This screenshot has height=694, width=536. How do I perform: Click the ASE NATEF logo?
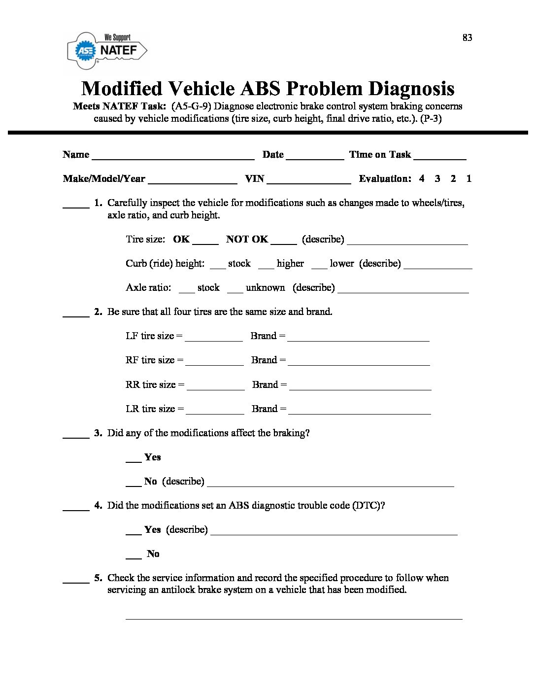tap(107, 50)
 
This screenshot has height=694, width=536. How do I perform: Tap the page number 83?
tap(467, 38)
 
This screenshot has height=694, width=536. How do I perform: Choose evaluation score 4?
tap(422, 178)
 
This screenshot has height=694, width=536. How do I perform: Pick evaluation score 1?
tap(469, 178)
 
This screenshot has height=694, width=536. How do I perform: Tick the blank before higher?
tap(266, 267)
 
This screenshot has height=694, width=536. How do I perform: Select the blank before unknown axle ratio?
tap(235, 291)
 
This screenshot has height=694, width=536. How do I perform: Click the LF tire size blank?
tap(214, 339)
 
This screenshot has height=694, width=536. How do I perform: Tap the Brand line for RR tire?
tap(360, 388)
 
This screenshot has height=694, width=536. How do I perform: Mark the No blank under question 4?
tap(134, 557)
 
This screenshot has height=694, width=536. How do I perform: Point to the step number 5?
tap(98, 578)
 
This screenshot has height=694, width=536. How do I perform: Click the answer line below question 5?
tap(294, 617)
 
